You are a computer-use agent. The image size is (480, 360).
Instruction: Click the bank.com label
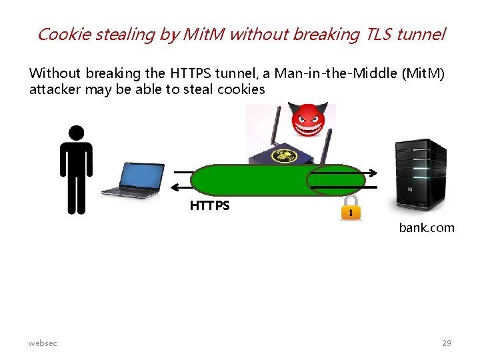coord(427,228)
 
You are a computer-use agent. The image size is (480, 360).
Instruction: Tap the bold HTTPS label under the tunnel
coord(209,206)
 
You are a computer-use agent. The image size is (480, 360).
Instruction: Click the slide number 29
coord(447,343)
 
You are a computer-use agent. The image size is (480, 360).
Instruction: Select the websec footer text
coord(43,343)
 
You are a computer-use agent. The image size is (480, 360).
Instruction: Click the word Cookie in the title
coord(63,34)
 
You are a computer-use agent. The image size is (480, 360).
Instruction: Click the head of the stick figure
coord(77,133)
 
